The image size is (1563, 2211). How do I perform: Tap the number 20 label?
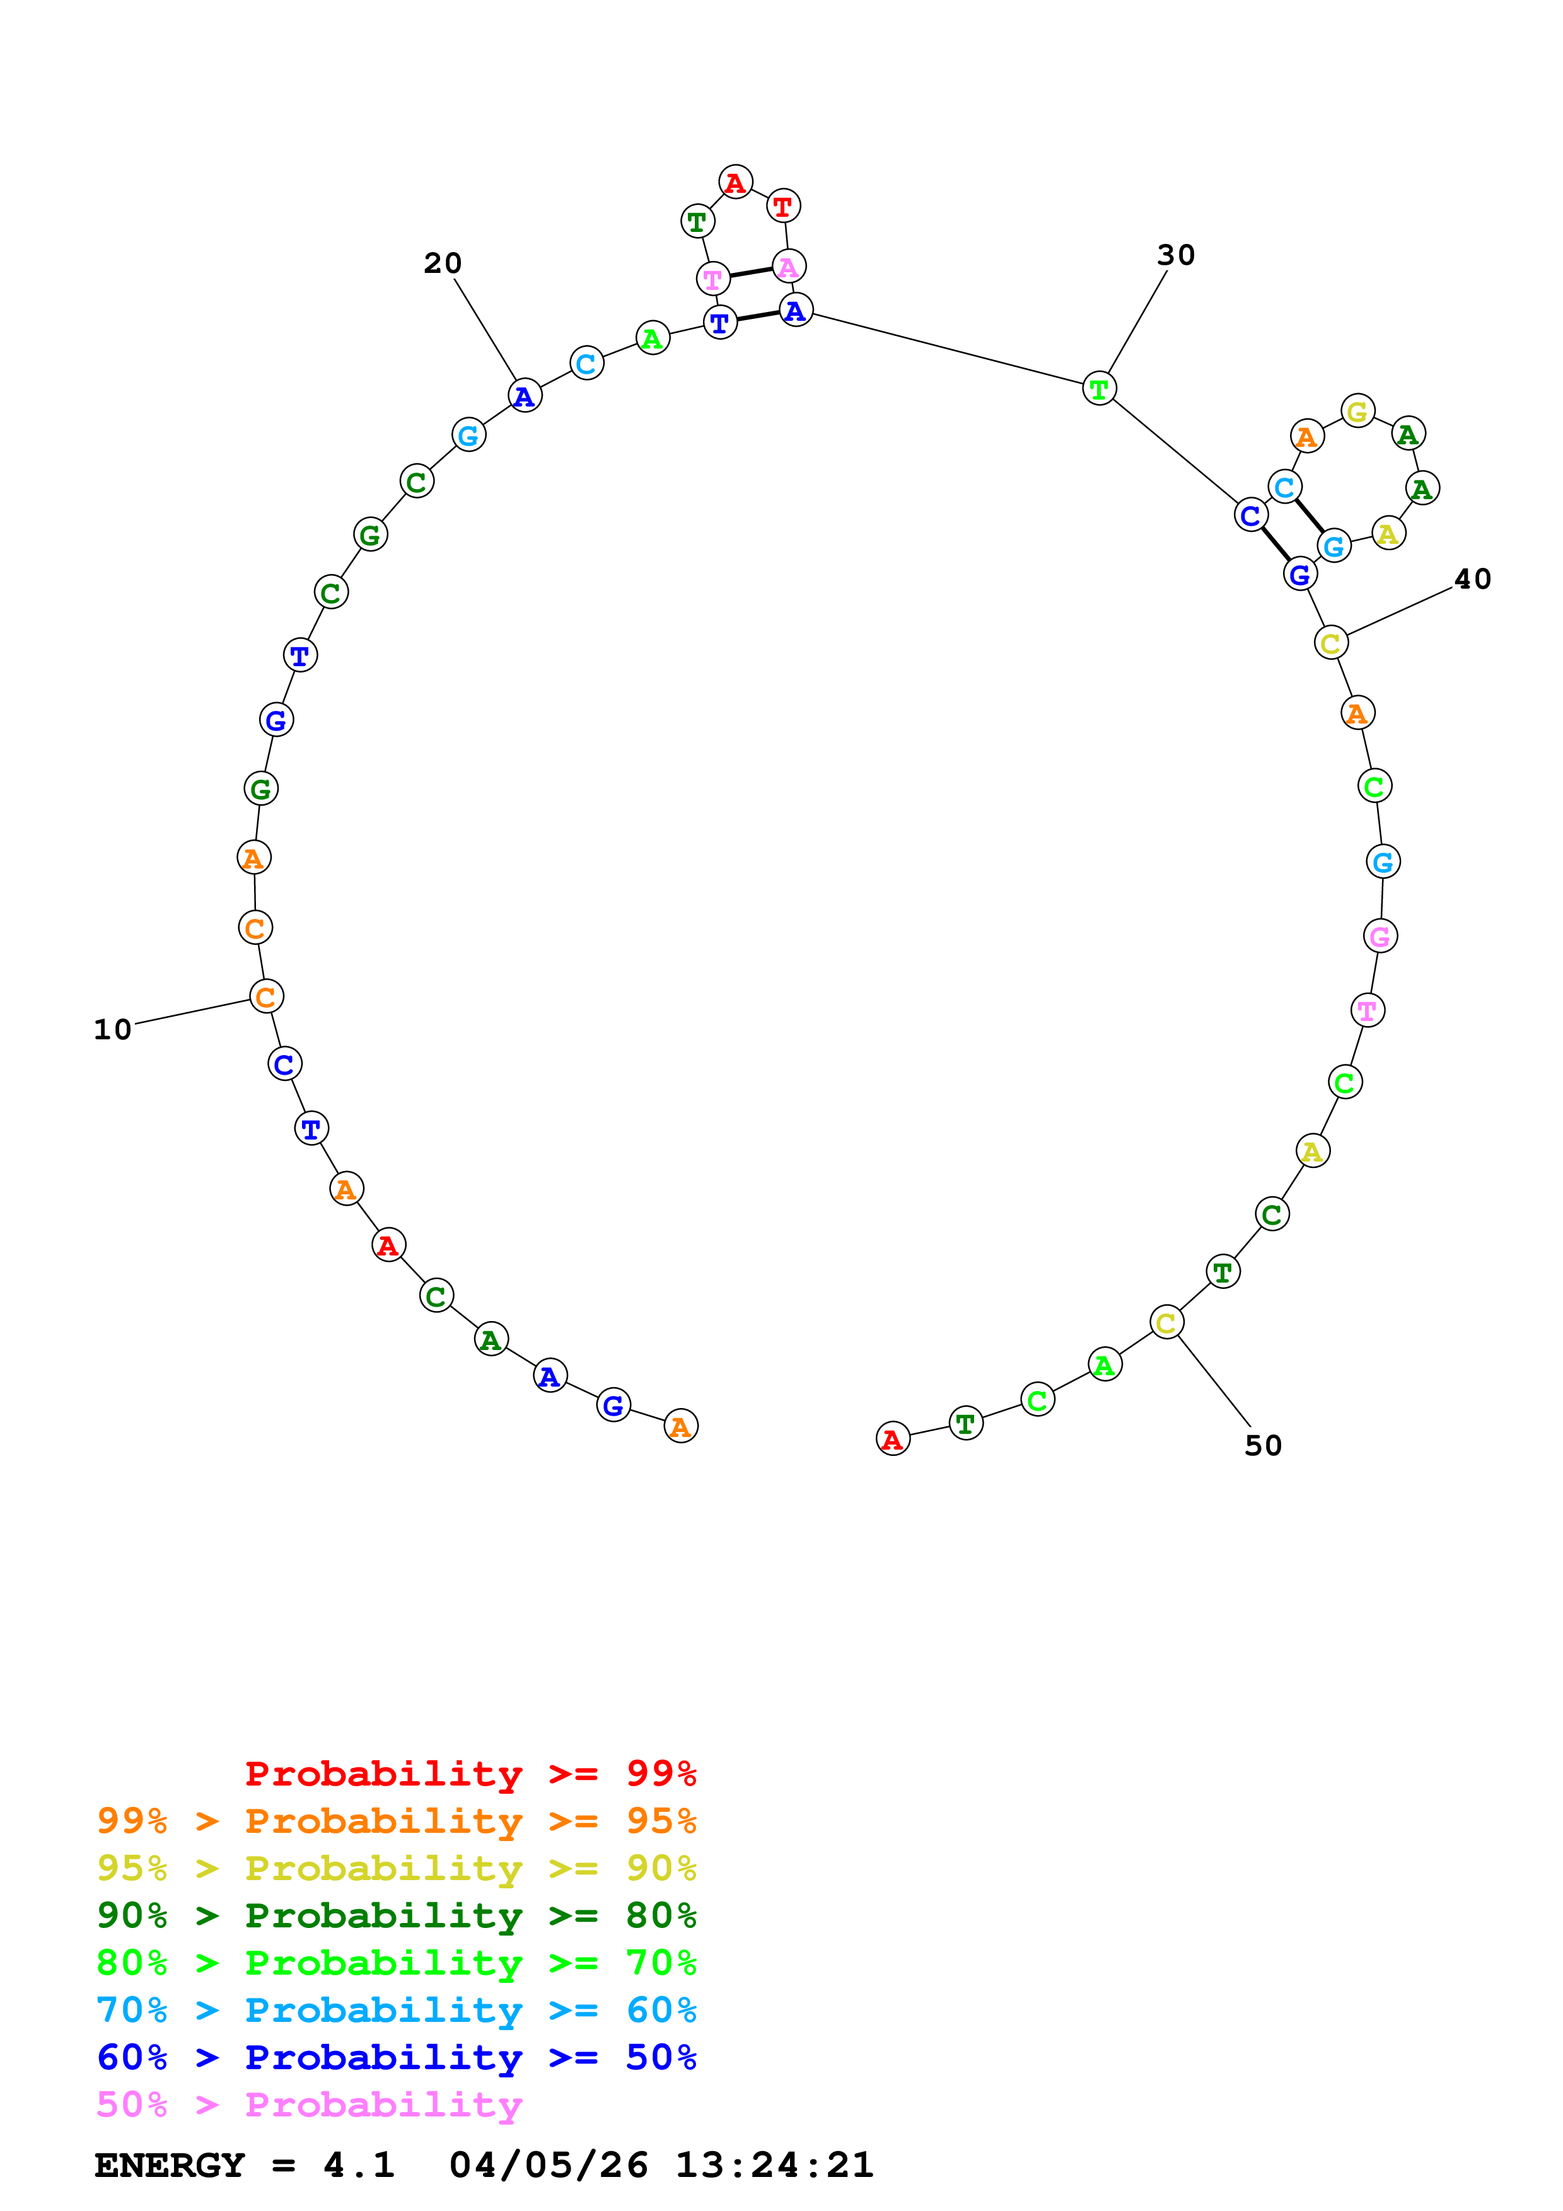[x=443, y=263]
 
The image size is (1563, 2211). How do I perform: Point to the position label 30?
[x=1176, y=255]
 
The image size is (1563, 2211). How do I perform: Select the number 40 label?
[x=1472, y=579]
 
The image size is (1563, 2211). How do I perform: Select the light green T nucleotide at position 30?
[x=1100, y=389]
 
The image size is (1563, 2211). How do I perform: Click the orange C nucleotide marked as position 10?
[x=267, y=996]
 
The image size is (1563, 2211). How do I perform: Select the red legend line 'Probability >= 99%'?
[x=470, y=1773]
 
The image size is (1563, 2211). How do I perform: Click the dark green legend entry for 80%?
[x=396, y=1915]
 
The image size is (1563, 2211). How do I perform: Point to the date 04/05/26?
[x=548, y=2166]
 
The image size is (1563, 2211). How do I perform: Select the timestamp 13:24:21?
[x=774, y=2166]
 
